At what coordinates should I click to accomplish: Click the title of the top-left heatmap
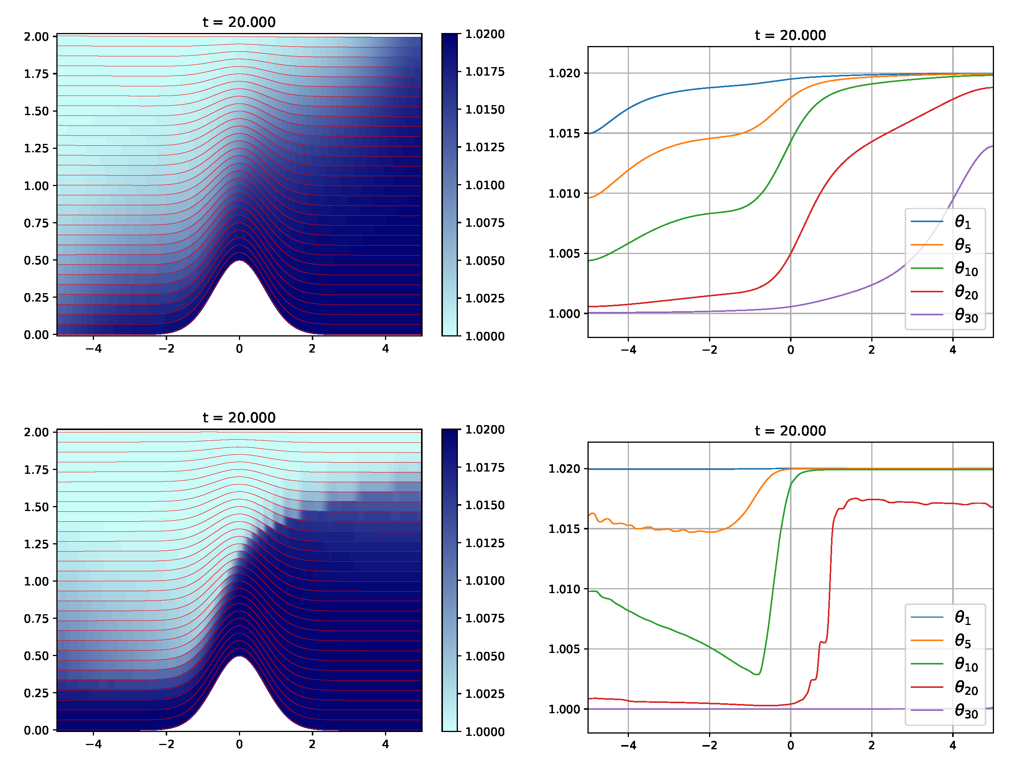(239, 22)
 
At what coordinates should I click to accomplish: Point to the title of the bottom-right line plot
(790, 430)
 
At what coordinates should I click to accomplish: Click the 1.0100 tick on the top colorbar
(484, 185)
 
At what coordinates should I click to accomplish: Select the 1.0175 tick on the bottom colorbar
(484, 467)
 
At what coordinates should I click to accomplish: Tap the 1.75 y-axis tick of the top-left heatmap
(36, 74)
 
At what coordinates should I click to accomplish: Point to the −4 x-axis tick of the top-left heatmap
(93, 349)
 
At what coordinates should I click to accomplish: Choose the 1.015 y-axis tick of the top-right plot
(564, 133)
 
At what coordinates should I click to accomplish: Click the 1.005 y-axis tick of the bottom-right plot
(564, 649)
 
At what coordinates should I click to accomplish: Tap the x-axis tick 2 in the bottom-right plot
(871, 745)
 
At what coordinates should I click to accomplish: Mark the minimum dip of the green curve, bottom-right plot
(757, 674)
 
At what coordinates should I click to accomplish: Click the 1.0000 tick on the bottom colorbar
(484, 732)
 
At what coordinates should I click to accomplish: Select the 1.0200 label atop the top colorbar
(484, 34)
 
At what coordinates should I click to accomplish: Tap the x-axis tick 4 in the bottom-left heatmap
(385, 744)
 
